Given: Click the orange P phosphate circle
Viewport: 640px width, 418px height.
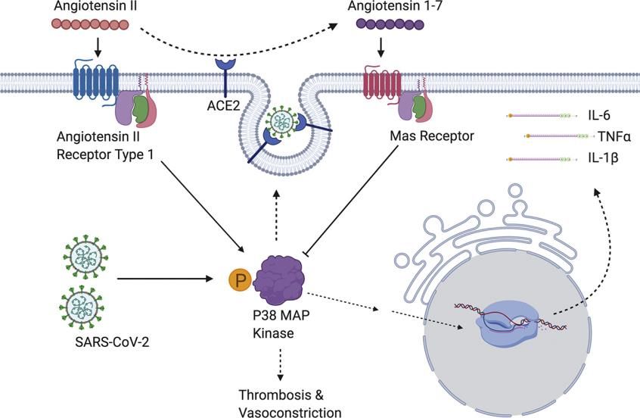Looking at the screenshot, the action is [x=240, y=280].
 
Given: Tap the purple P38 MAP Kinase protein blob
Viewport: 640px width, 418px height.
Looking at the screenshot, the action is [x=279, y=279].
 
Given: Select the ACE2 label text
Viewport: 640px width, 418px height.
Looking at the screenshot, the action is [x=223, y=105].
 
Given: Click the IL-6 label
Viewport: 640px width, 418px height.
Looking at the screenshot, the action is [x=599, y=116].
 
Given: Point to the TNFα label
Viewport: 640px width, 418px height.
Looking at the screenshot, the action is [x=614, y=136].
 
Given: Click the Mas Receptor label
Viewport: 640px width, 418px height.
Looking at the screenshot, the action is [x=432, y=136].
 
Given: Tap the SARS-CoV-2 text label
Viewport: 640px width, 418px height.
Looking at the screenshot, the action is [x=112, y=342].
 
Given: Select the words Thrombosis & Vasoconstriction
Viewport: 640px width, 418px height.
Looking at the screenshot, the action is [x=290, y=404].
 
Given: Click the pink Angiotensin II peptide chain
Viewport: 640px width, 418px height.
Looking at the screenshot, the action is [x=90, y=24].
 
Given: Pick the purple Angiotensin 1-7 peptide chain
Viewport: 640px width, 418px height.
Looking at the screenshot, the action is [x=390, y=24].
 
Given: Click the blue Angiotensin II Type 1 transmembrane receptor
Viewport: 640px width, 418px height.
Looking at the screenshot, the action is [x=96, y=81].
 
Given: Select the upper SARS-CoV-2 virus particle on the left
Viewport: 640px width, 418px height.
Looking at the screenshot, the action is [x=85, y=257].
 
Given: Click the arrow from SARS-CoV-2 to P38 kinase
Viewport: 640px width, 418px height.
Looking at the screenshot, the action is [x=166, y=279].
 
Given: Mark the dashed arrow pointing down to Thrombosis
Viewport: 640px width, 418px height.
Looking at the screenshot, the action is [x=280, y=364].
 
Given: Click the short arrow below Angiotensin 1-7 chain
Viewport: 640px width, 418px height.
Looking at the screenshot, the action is [x=381, y=48].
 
